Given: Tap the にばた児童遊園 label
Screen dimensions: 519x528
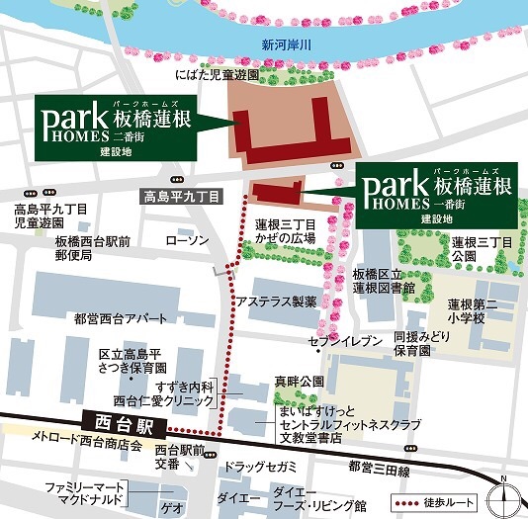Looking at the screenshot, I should click(216, 74).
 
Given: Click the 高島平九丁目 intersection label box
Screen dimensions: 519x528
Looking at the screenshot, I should click(183, 196).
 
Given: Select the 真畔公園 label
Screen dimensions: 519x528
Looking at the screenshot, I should click(296, 380).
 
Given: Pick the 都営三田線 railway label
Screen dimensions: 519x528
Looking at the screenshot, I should click(378, 466).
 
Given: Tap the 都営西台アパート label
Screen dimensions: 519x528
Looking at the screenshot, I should click(114, 318).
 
